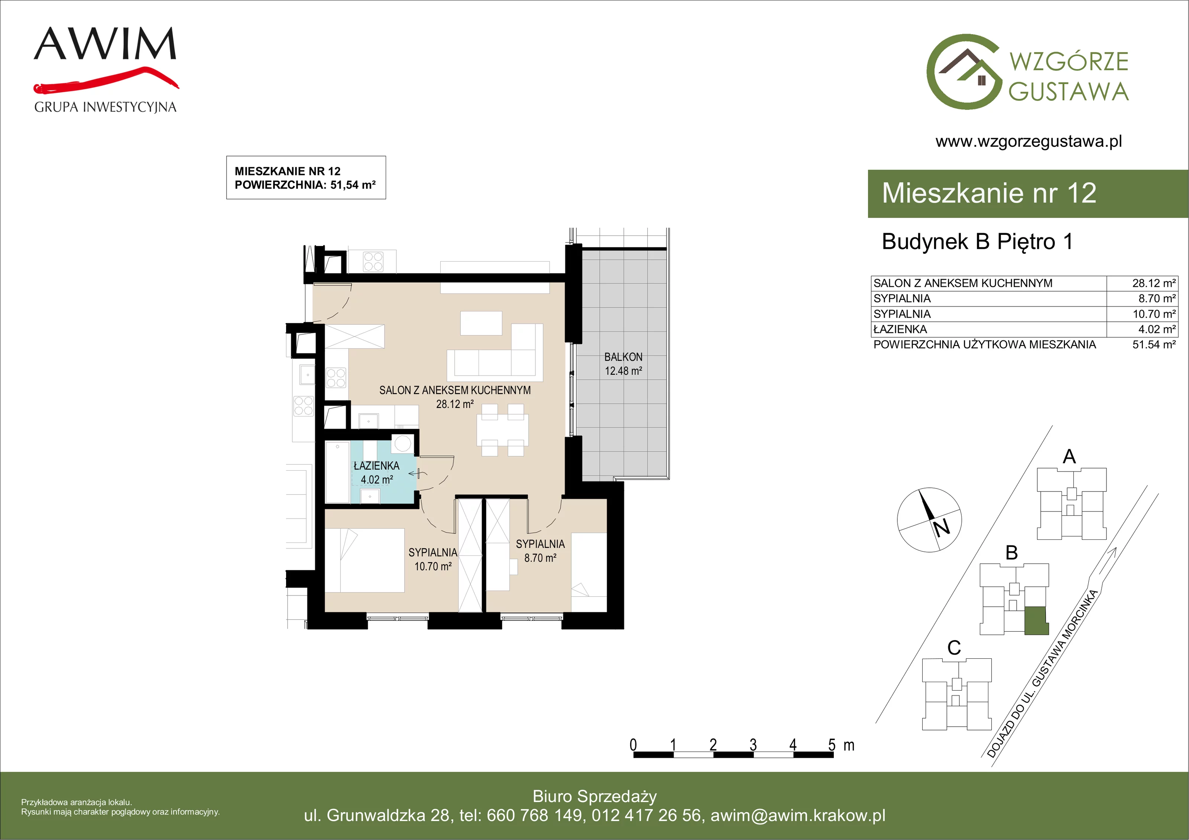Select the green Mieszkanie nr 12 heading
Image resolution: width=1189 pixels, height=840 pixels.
[989, 193]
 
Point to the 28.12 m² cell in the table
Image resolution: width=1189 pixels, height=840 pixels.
[1154, 283]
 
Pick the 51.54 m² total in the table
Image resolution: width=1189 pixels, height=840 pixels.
[1154, 345]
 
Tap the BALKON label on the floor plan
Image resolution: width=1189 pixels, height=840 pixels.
[623, 357]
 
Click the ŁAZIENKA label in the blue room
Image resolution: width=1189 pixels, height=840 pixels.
[376, 466]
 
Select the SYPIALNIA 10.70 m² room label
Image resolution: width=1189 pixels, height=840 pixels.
[433, 559]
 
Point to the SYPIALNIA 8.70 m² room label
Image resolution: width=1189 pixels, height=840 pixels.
[540, 551]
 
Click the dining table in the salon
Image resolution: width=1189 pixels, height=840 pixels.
[502, 430]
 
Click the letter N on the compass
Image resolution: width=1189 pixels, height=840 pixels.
[942, 527]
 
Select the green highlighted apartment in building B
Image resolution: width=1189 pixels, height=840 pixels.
[1037, 621]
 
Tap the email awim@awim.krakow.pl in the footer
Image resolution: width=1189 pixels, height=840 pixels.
[798, 815]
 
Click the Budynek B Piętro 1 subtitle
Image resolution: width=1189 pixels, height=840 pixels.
[977, 242]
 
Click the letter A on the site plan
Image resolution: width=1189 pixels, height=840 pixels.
[1069, 457]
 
